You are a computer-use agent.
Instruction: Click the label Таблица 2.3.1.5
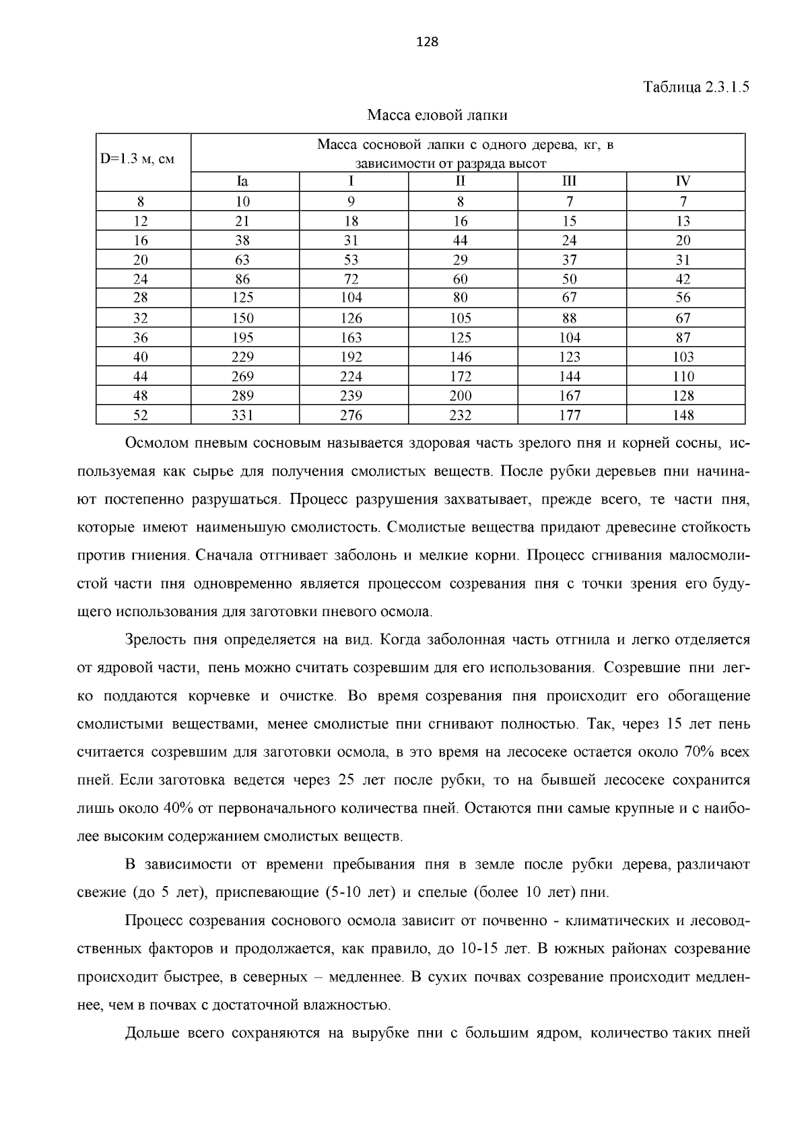(x=696, y=88)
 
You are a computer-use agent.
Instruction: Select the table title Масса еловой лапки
(x=437, y=115)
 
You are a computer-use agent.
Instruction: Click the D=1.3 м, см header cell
(x=137, y=160)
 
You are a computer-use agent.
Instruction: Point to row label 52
(x=140, y=415)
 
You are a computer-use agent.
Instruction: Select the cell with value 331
(x=242, y=415)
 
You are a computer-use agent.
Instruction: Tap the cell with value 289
(x=242, y=396)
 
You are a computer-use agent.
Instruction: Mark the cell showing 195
(x=242, y=337)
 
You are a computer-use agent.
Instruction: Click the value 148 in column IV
(x=683, y=415)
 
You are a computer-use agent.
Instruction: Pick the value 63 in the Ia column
(x=242, y=260)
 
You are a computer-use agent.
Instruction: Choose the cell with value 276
(x=351, y=415)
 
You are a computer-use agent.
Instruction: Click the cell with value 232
(x=461, y=415)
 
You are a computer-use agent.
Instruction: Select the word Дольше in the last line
(x=151, y=1034)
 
